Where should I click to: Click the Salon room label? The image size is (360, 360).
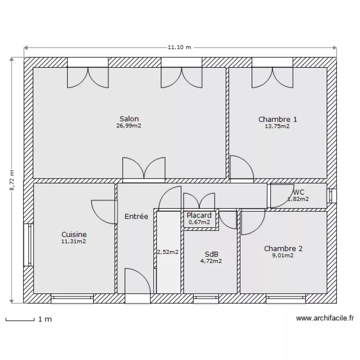(x=129, y=119)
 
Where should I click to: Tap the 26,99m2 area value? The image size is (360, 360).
(x=129, y=126)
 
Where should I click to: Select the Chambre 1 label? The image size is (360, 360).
(x=277, y=119)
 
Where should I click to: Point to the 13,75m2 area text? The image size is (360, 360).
(x=277, y=126)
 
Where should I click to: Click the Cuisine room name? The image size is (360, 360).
(x=74, y=234)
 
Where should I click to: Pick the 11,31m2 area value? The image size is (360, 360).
(x=74, y=241)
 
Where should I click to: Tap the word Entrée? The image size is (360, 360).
(x=136, y=216)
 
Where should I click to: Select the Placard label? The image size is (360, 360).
(x=199, y=216)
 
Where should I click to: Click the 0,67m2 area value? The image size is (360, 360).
(x=199, y=222)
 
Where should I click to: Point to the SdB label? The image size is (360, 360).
(x=211, y=254)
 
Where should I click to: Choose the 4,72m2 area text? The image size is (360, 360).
(x=211, y=261)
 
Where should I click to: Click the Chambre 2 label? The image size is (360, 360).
(x=283, y=249)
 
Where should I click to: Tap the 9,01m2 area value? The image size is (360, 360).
(x=283, y=256)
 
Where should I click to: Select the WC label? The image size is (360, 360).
(x=299, y=192)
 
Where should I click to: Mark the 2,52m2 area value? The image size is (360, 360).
(x=168, y=252)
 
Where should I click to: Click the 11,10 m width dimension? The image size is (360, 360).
(x=180, y=48)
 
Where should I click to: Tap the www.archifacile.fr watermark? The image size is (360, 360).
(x=325, y=318)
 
